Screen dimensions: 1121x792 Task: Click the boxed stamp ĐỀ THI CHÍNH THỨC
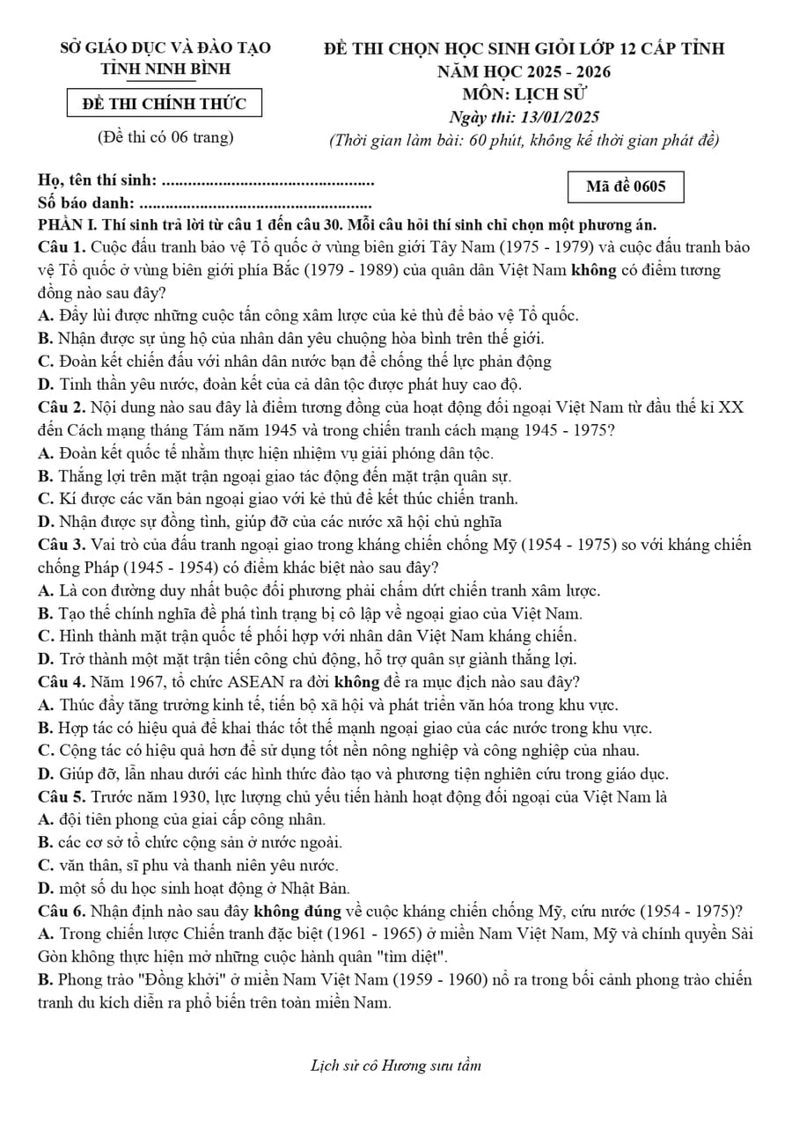click(x=165, y=104)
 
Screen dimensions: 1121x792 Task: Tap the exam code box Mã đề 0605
click(x=626, y=187)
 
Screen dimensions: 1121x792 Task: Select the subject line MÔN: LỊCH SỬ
click(x=524, y=94)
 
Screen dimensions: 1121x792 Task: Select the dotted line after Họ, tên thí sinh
click(x=268, y=182)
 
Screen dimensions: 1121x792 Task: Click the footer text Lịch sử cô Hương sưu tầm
click(x=396, y=1066)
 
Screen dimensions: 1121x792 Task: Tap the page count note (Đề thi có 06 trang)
click(x=165, y=136)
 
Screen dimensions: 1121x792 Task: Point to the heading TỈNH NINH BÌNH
click(x=165, y=69)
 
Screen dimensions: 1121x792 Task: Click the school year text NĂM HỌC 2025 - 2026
click(x=524, y=71)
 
